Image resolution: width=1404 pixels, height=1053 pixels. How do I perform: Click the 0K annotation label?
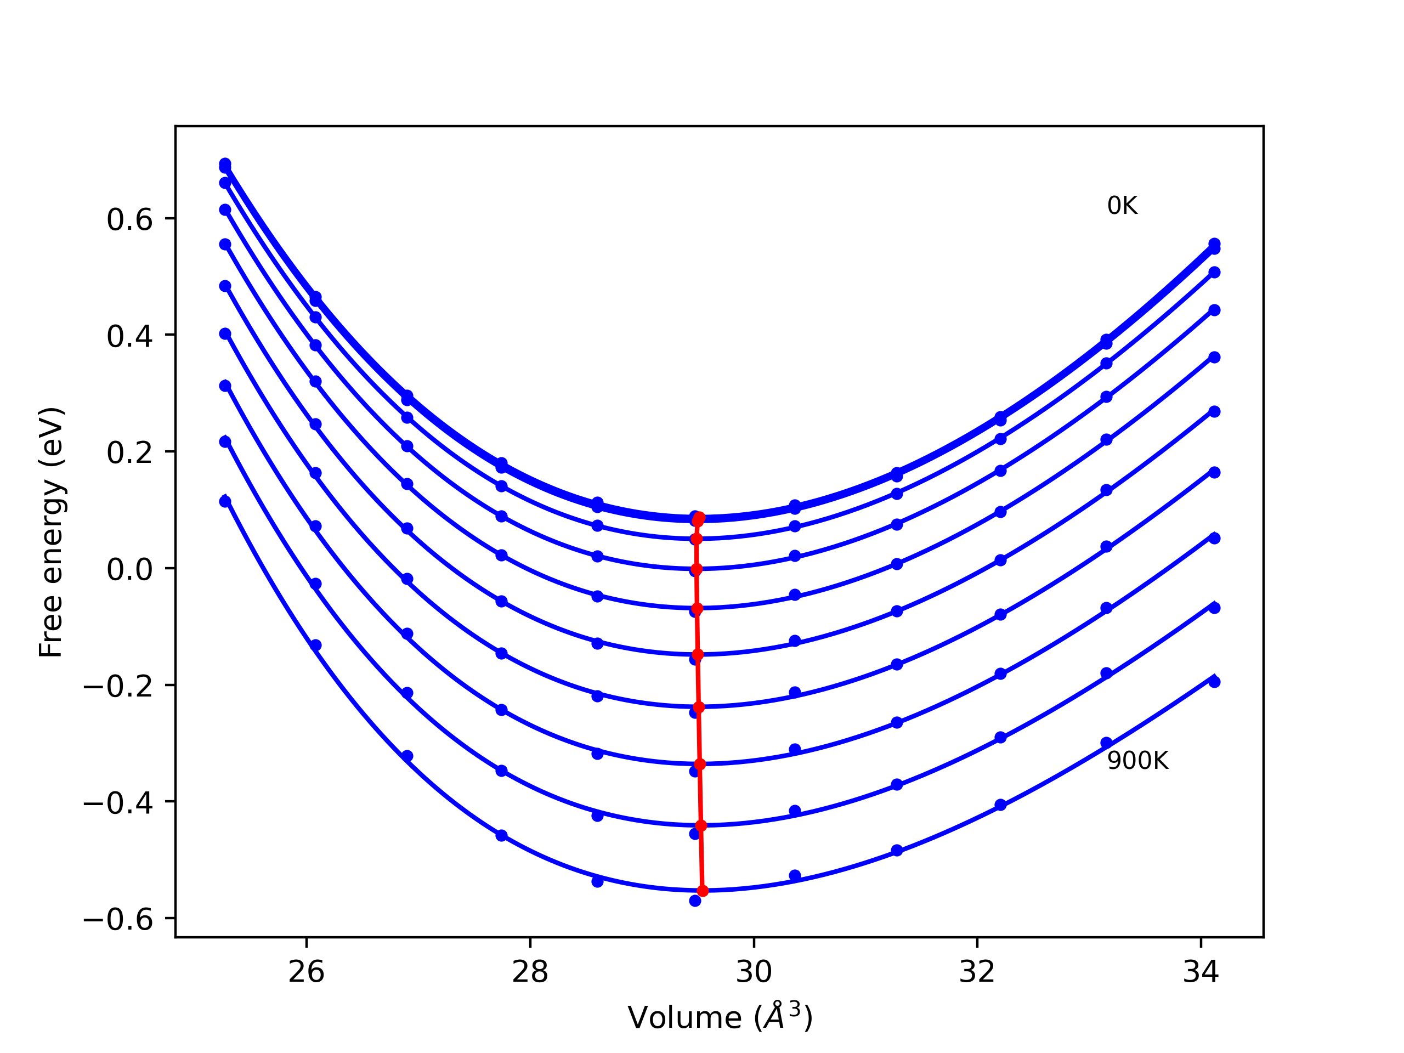(1122, 206)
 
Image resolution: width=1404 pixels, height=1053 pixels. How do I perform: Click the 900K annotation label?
(1137, 761)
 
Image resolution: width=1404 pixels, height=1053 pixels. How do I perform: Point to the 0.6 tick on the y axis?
(129, 219)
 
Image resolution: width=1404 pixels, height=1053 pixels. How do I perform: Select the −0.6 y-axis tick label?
(118, 920)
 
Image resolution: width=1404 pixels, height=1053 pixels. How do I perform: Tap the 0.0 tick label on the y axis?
(129, 569)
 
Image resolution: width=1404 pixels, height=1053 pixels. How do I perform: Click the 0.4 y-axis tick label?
(129, 336)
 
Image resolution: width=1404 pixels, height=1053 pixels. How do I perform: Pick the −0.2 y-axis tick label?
(118, 686)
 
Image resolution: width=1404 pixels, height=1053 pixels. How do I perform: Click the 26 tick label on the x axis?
(307, 972)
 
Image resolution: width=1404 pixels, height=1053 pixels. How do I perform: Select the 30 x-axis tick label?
(754, 972)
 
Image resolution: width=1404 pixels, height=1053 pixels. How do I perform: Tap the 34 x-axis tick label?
(1200, 972)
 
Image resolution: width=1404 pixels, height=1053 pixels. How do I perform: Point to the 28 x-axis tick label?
(530, 972)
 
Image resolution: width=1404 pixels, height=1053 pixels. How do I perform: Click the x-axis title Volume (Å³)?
(720, 1017)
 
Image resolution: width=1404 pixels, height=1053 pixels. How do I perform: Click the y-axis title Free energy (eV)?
(51, 532)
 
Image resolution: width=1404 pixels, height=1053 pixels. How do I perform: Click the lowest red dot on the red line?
(703, 891)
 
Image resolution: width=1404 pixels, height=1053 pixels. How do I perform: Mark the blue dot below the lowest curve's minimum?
(695, 901)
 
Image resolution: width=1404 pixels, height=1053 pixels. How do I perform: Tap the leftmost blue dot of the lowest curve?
(225, 501)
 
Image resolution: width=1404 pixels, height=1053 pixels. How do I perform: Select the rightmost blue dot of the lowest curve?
(1214, 682)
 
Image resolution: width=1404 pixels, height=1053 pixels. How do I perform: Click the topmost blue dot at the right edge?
(1214, 244)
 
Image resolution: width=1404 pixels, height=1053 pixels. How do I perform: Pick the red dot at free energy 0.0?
(697, 569)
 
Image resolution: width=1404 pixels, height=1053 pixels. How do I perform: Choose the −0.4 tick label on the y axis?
(118, 803)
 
